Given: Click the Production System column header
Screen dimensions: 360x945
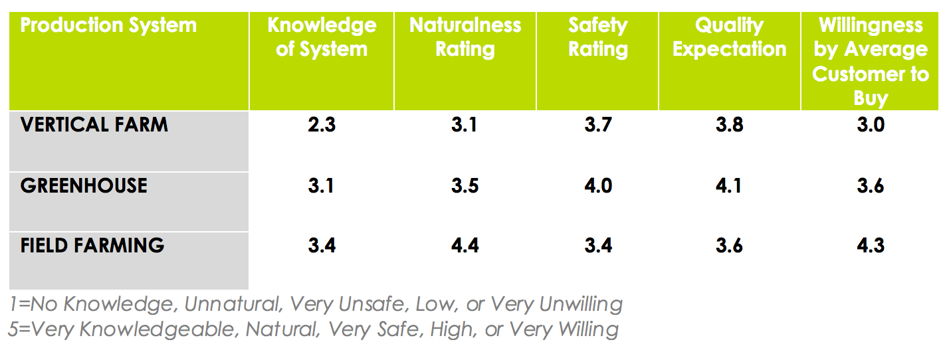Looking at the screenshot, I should [108, 26].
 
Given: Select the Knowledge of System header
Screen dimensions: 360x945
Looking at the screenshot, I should [322, 37].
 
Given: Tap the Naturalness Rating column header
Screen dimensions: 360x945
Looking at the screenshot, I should [465, 37].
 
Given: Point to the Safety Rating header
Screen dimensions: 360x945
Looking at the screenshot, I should [597, 37].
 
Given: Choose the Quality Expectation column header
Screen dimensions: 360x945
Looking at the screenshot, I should [729, 37].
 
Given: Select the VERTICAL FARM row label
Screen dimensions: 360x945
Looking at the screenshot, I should [94, 125].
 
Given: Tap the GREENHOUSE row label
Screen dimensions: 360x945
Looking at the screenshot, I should [84, 185].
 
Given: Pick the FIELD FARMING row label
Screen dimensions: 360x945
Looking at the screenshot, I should [92, 245].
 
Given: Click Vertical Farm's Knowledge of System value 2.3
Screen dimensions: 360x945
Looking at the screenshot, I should [322, 125].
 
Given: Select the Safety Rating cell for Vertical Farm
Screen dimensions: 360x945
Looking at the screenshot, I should [597, 125].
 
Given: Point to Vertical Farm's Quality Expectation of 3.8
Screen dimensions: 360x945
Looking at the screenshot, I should [729, 125].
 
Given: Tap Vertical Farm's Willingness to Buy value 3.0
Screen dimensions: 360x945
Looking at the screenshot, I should [871, 125].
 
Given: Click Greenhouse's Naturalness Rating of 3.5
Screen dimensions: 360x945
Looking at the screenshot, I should [465, 185].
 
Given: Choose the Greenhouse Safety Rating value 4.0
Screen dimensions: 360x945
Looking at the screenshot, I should [597, 185].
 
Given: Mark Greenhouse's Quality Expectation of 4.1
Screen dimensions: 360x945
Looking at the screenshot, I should [729, 185].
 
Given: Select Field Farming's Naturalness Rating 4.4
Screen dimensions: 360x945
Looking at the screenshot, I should [465, 246].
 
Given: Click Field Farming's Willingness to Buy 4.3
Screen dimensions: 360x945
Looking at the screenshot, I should [871, 246].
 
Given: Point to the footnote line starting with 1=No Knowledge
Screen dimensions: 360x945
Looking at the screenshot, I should [316, 304].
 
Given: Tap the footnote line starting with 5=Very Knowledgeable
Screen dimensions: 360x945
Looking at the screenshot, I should [314, 329].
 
